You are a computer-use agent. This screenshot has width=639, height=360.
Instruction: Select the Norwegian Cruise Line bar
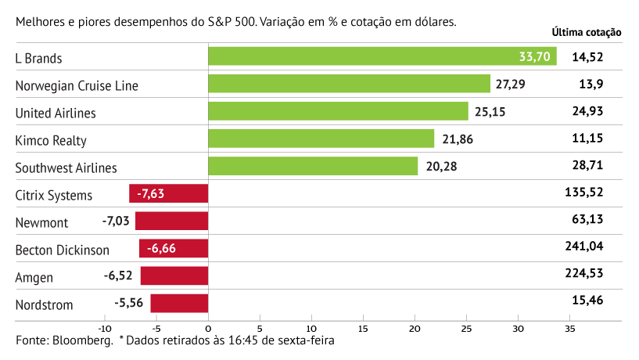point(349,85)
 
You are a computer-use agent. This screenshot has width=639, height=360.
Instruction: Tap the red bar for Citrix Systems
point(169,194)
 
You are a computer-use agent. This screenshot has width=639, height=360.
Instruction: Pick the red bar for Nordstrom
point(179,304)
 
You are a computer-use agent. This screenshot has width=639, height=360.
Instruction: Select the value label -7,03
point(117,222)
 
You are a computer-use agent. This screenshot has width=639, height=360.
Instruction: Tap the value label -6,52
point(120,276)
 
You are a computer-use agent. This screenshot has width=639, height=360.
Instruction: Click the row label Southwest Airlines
point(66,167)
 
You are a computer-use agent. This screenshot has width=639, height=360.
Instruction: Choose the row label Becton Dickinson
point(63,250)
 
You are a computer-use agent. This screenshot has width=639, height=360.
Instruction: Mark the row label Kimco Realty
point(51,140)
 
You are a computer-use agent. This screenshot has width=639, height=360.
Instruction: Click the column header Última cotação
point(586,33)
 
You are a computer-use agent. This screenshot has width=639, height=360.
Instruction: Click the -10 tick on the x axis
point(105,329)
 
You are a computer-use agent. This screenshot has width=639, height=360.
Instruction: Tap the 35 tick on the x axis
point(569,329)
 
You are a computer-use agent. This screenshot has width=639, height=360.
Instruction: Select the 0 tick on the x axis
point(208,329)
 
